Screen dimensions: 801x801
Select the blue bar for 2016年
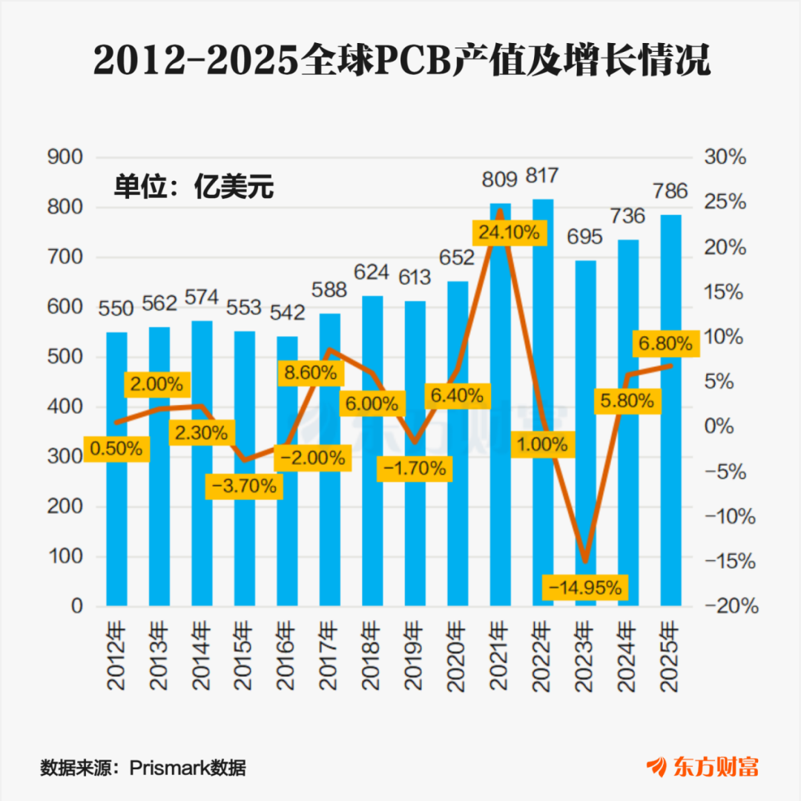(x=287, y=471)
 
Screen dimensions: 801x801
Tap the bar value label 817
(x=542, y=176)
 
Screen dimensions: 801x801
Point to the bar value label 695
(x=585, y=237)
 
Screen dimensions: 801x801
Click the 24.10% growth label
(x=509, y=233)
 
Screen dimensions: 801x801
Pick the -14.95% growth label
(x=585, y=587)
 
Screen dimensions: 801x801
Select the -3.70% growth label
(x=244, y=486)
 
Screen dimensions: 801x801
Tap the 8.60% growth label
(x=311, y=372)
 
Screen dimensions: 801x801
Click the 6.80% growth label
(x=665, y=343)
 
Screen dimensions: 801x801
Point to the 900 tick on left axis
(x=65, y=156)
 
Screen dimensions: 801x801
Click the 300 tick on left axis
(x=65, y=456)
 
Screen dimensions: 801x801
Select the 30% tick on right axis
(x=725, y=156)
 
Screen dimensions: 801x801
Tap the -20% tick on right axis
(x=731, y=606)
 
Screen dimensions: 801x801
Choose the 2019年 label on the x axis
(x=415, y=656)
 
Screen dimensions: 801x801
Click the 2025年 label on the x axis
(x=670, y=656)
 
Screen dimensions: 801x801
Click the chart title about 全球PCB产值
(x=401, y=60)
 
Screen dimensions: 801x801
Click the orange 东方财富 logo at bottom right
(x=703, y=767)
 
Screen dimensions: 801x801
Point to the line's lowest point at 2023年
(x=585, y=561)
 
